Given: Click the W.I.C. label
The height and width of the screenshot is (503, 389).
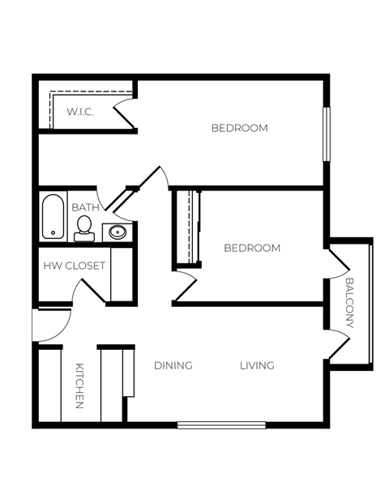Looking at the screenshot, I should coord(80,112).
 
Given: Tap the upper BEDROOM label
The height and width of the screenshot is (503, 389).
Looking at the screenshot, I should coord(239,128).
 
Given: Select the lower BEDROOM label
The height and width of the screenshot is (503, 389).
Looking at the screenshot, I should coord(252,248).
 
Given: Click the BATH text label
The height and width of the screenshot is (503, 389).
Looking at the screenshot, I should coord(85,207).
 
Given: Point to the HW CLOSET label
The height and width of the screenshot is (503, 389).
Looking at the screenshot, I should coord(74,265).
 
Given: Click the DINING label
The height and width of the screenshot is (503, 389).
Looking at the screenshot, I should coord(173,365).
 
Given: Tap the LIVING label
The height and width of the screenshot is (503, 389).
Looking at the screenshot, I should coord(257,365).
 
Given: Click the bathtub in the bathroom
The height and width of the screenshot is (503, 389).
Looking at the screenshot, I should coord(53,217).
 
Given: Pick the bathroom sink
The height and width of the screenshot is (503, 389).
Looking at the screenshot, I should coord(117,232).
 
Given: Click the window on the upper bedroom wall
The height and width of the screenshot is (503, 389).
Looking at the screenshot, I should coord(327,134).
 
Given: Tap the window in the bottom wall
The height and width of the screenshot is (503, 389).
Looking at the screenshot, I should coord(221,424).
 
